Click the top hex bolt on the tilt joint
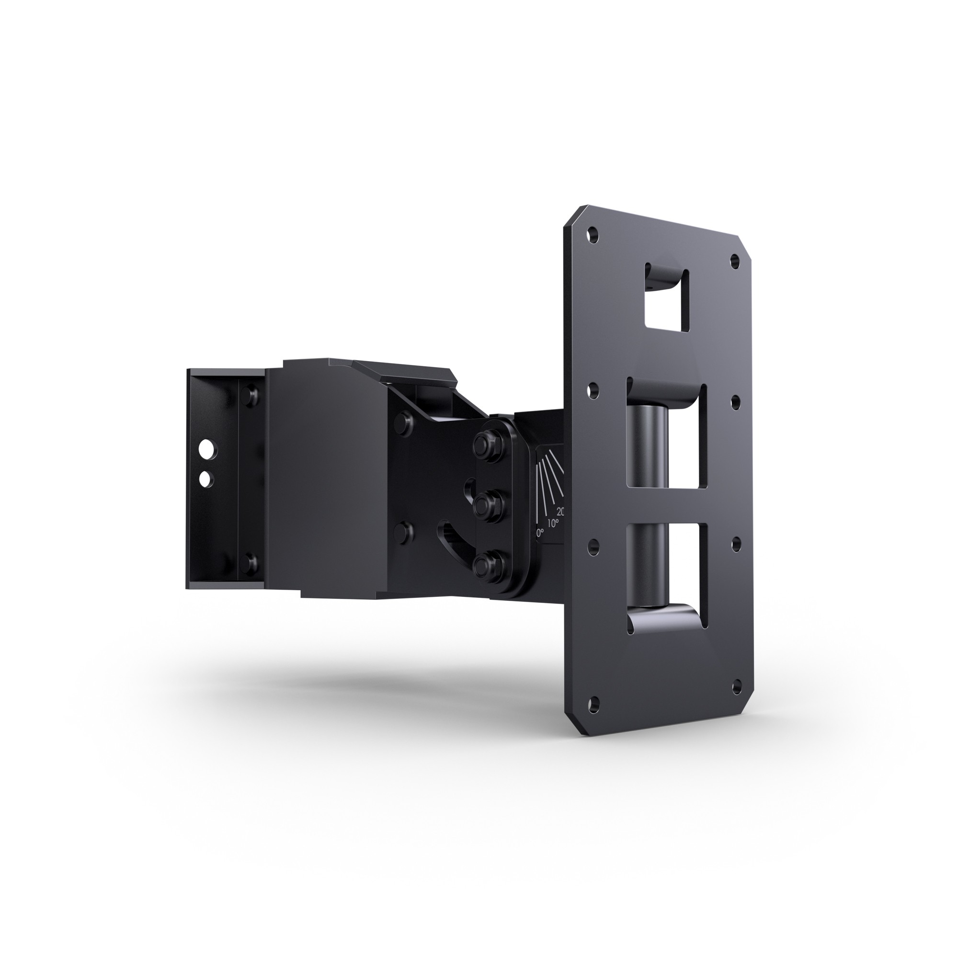pos(488,445)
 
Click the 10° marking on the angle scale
pos(553,523)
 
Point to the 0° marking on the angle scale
pos(540,533)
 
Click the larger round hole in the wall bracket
pos(207,449)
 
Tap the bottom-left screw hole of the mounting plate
pos(594,702)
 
